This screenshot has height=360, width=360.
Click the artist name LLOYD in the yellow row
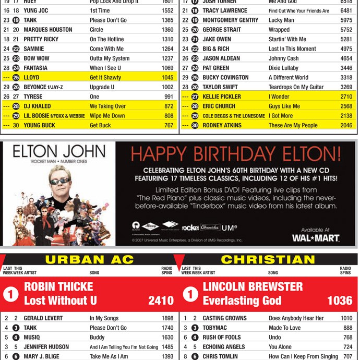[x=31, y=78]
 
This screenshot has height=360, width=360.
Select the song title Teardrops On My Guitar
[x=296, y=87]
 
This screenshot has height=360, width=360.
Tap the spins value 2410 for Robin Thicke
[x=160, y=301]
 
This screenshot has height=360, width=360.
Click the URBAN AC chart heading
[x=89, y=260]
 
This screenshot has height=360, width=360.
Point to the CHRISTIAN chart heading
[x=268, y=260]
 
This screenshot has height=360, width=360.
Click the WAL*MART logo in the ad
[x=315, y=237]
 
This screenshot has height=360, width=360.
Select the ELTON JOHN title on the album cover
[x=59, y=152]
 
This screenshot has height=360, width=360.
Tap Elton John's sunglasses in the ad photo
[x=60, y=181]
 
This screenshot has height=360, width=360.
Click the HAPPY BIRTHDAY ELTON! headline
[x=236, y=154]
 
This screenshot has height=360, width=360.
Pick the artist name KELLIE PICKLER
[x=222, y=97]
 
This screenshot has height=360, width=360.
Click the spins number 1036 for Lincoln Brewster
[x=340, y=301]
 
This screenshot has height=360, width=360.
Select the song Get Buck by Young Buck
[x=100, y=125]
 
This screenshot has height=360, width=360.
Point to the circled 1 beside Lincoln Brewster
[x=190, y=294]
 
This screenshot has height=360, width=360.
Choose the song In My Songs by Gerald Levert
[x=104, y=318]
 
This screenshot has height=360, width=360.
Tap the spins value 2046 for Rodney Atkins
[x=346, y=125]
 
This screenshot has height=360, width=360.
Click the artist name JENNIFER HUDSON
[x=46, y=347]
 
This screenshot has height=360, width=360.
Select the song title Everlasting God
[x=242, y=301]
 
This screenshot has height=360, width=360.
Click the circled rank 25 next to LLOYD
[x=16, y=78]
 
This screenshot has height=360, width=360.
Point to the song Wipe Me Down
[x=107, y=116]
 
